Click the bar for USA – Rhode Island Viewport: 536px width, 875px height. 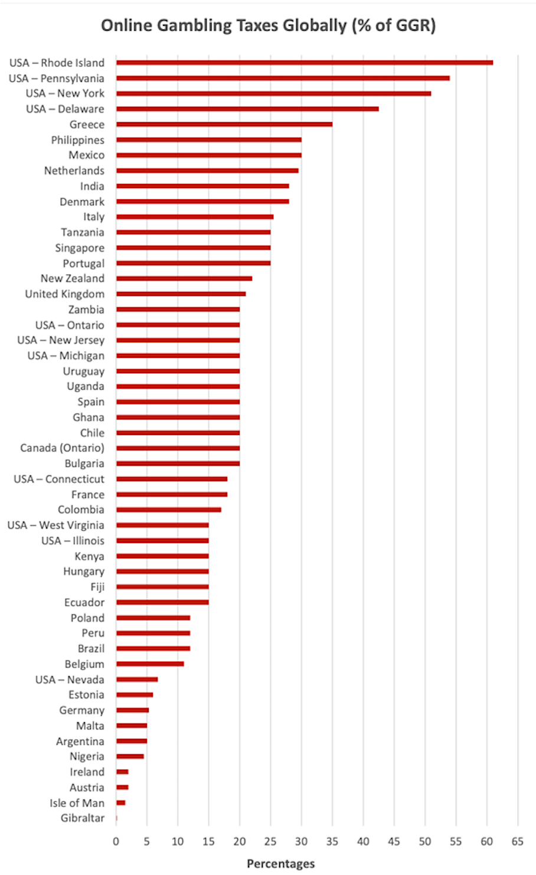click(304, 63)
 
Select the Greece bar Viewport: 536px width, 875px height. click(224, 124)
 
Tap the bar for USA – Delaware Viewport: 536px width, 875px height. click(247, 108)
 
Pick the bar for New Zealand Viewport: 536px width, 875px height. click(184, 278)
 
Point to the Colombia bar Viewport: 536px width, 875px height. click(169, 509)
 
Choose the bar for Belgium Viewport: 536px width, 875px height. click(150, 664)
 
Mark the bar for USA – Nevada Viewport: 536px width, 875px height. click(137, 679)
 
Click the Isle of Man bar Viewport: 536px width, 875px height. click(121, 802)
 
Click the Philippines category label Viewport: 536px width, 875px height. click(77, 140)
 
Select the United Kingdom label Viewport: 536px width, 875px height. click(64, 294)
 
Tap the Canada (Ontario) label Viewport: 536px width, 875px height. click(62, 448)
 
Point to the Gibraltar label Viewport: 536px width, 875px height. click(82, 818)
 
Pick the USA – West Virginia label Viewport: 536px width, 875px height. click(55, 525)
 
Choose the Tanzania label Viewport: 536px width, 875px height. click(82, 232)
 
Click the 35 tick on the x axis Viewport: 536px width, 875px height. click(332, 841)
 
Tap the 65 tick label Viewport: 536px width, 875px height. click(517, 841)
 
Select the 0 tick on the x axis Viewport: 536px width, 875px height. click(116, 841)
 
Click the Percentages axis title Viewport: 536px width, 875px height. click(280, 864)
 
